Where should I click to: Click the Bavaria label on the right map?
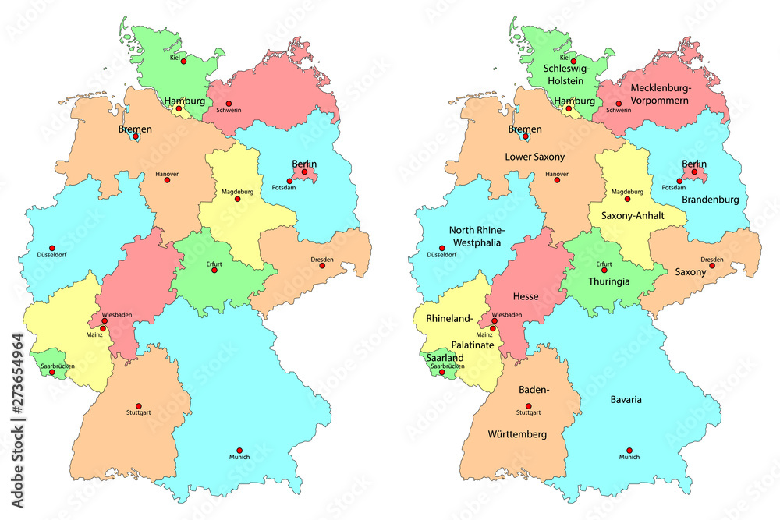pyautogui.click(x=626, y=400)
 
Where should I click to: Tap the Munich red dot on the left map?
pyautogui.click(x=239, y=450)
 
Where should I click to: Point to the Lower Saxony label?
pyautogui.click(x=534, y=157)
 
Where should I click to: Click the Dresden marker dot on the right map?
pyautogui.click(x=712, y=267)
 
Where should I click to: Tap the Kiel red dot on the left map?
pyautogui.click(x=183, y=60)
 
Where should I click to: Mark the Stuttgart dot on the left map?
pyautogui.click(x=139, y=406)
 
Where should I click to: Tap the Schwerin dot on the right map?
pyautogui.click(x=619, y=104)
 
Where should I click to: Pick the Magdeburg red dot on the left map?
pyautogui.click(x=238, y=198)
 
